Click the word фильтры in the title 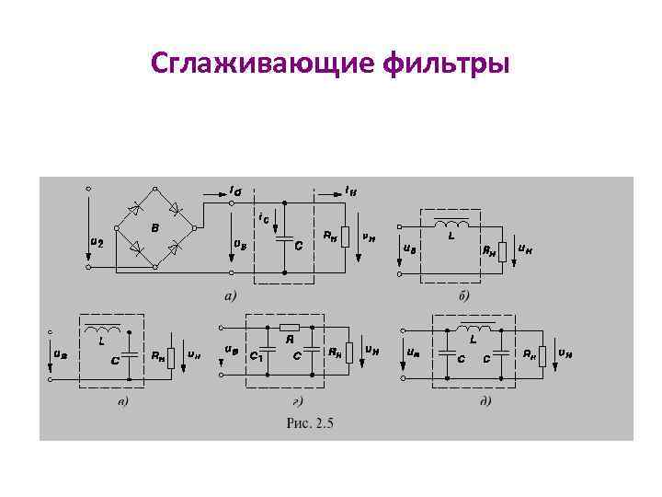[x=451, y=66]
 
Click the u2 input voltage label [x=96, y=242]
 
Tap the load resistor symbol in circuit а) [x=345, y=237]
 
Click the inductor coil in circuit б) [x=451, y=225]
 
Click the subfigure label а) [x=230, y=296]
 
